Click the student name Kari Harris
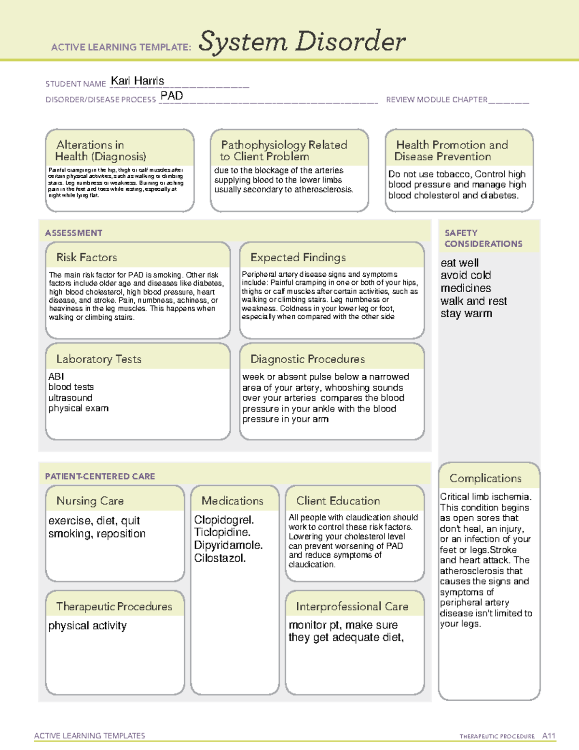[x=138, y=81]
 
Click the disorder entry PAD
[x=172, y=96]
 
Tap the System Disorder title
[x=302, y=42]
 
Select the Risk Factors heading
[x=86, y=257]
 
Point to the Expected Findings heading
[x=298, y=257]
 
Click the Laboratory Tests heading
[x=98, y=359]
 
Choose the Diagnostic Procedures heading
[x=307, y=359]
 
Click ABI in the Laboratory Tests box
[x=56, y=376]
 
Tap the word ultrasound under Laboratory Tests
[x=70, y=397]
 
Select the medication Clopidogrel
[x=224, y=520]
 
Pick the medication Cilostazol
[x=220, y=558]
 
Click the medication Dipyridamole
[x=228, y=545]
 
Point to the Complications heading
[x=485, y=478]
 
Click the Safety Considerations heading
[x=483, y=238]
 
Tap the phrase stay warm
[x=466, y=313]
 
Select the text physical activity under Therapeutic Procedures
[x=87, y=625]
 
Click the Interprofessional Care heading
[x=352, y=606]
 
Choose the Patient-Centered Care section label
[x=100, y=476]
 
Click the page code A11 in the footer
[x=549, y=736]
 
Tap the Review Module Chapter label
[x=437, y=99]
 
